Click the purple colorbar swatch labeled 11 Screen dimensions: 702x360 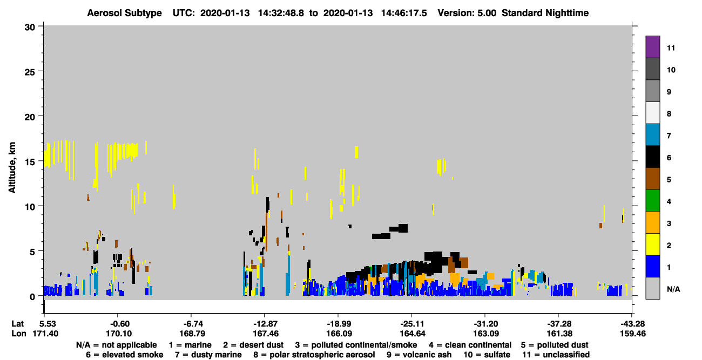[x=652, y=46]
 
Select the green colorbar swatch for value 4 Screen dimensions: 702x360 [x=652, y=201]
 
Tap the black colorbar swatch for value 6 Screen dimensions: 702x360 [x=652, y=157]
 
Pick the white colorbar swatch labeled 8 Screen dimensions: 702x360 [x=652, y=113]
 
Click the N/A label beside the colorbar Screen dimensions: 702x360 [x=673, y=289]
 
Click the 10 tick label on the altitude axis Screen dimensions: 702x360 [x=30, y=207]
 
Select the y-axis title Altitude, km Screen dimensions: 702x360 [x=12, y=168]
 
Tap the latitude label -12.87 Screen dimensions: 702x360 [x=266, y=324]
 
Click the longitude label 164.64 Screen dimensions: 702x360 [x=413, y=334]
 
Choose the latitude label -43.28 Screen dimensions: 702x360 [x=632, y=324]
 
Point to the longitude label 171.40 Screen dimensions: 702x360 [x=45, y=334]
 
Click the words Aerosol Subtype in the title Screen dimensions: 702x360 [x=124, y=13]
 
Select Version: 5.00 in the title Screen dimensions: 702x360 [x=467, y=13]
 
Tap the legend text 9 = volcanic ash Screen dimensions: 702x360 [x=419, y=355]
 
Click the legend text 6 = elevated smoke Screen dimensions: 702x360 [x=125, y=355]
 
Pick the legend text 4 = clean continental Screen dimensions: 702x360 [x=470, y=345]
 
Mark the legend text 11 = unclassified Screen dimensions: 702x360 [x=556, y=355]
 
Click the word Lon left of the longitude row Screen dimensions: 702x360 [x=19, y=334]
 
